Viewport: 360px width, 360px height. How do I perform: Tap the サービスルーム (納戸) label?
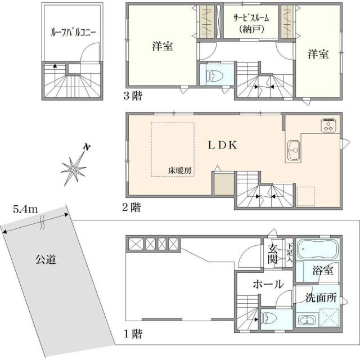point(251,22)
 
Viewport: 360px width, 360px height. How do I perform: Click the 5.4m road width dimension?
point(25,210)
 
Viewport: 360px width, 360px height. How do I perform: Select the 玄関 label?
point(272,254)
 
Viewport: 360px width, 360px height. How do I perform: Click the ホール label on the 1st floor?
point(267,285)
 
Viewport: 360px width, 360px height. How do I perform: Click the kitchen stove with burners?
point(328,125)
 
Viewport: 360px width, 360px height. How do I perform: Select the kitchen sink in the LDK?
point(292,149)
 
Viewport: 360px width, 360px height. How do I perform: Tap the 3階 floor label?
point(133,96)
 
